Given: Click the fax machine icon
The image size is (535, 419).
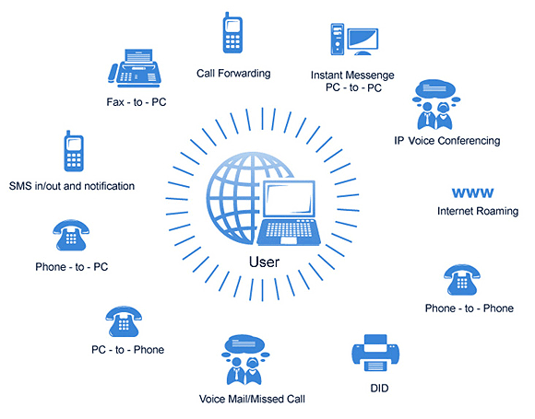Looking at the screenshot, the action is (135, 67).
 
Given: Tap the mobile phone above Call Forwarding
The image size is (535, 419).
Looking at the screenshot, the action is (232, 33).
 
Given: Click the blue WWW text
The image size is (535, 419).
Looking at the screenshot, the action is (472, 192).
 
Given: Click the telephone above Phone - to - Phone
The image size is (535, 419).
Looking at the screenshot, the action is (462, 280).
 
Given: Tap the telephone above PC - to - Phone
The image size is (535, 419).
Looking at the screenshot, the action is (124, 321).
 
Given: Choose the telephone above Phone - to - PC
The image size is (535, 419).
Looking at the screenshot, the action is (71, 235).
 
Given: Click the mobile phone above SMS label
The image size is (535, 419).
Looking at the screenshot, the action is (74, 151).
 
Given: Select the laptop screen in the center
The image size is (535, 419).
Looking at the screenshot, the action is (289, 200).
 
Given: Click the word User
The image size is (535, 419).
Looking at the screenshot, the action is (264, 262).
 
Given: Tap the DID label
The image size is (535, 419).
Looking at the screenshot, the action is (379, 388).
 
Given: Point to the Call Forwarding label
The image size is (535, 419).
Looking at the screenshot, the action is (233, 74).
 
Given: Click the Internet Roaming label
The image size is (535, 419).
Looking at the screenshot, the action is (478, 211).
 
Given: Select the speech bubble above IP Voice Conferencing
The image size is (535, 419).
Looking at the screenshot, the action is (435, 87).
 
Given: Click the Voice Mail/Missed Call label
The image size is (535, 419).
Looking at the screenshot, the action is (252, 399).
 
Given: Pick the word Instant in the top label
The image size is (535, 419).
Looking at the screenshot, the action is (327, 75).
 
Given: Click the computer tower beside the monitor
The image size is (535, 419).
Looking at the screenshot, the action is (338, 40).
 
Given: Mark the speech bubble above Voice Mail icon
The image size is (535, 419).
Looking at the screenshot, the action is (244, 343).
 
